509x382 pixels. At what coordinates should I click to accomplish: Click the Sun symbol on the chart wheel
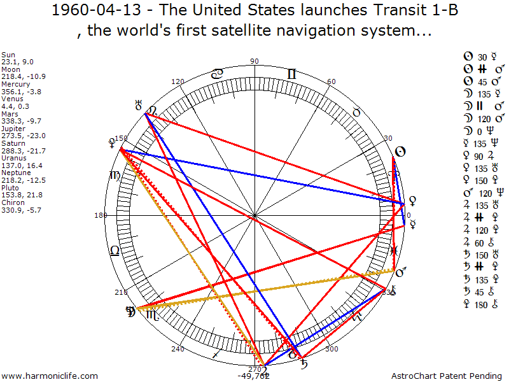click(400, 152)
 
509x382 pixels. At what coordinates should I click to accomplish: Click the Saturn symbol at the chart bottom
click(305, 364)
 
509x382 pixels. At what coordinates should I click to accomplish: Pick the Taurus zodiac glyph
click(357, 112)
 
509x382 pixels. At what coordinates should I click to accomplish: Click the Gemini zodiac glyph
click(291, 74)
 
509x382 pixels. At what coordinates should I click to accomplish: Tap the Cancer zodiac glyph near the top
click(217, 74)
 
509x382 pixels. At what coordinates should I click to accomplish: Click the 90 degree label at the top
click(254, 61)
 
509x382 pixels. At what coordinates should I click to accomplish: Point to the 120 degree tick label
click(178, 81)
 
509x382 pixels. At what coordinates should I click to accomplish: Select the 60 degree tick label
click(331, 81)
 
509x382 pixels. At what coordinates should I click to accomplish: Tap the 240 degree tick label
click(178, 349)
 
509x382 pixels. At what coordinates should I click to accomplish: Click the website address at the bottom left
click(50, 376)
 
